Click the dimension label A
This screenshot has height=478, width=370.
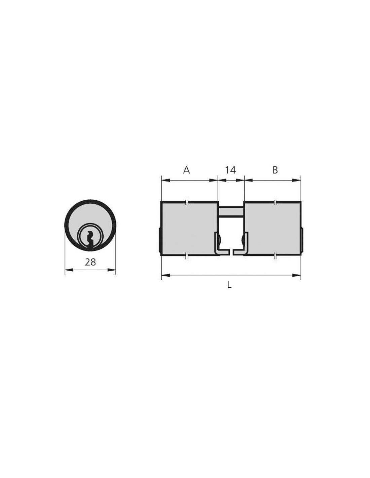pos(186,170)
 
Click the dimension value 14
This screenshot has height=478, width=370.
pos(230,170)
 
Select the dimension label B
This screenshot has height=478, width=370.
pos(275,170)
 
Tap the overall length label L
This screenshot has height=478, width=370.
pos(229,285)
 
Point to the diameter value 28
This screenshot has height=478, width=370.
pos(90,262)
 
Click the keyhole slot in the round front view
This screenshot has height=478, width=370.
pos(90,240)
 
